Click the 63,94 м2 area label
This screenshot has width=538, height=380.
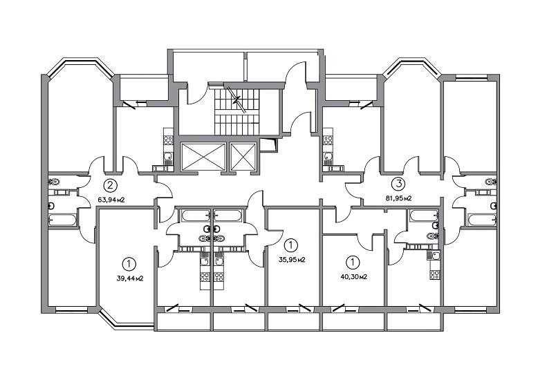point(111,200)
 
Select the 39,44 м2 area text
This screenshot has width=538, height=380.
point(130,278)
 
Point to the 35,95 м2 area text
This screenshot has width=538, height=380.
point(292,260)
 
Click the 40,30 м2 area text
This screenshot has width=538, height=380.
point(354,277)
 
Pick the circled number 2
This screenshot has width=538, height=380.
point(110,186)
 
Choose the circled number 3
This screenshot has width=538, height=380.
point(398,184)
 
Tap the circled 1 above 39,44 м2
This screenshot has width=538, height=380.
point(129,264)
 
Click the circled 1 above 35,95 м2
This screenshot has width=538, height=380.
point(291,245)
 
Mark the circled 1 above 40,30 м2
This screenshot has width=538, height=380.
point(353,263)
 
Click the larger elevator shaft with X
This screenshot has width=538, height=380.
point(203,156)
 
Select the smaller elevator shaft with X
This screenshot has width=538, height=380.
point(243,156)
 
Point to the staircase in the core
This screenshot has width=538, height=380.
point(236,111)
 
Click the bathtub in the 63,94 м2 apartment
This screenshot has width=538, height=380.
point(62,220)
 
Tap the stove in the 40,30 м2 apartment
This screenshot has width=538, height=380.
point(435,275)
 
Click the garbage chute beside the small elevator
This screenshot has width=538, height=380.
point(269,144)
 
